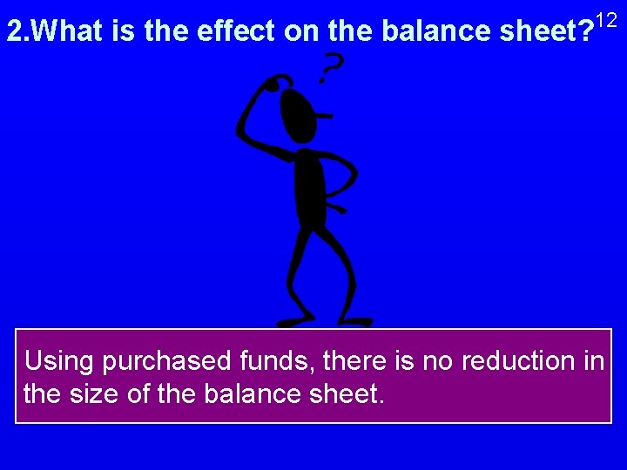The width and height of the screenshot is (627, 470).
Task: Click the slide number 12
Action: coord(608,19)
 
